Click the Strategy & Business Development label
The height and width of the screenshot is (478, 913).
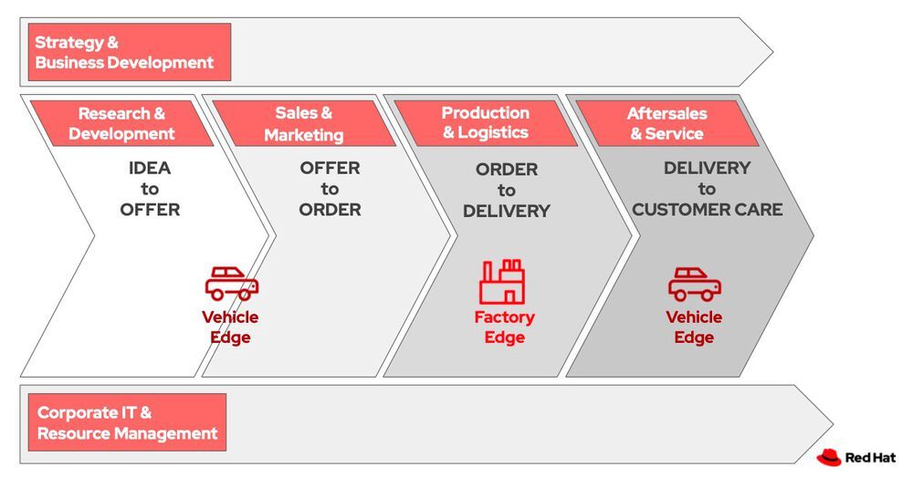(129, 53)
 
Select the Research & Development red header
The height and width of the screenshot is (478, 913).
(121, 124)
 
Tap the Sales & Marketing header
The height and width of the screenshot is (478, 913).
(304, 124)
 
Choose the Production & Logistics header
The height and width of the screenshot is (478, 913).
(485, 123)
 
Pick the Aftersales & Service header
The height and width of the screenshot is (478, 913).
(666, 124)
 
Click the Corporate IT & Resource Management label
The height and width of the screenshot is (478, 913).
(127, 423)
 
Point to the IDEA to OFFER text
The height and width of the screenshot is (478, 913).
(150, 189)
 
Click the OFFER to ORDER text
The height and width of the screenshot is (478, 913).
(330, 189)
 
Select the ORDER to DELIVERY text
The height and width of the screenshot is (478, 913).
(507, 190)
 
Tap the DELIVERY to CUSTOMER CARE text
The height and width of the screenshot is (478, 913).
(708, 189)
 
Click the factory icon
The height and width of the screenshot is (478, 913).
(503, 282)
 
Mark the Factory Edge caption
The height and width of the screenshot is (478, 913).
(504, 327)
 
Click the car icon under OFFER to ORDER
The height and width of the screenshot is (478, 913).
(232, 284)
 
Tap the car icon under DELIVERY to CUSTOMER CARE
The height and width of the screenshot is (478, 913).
(695, 284)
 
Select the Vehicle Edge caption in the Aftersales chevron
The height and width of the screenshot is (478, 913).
(694, 327)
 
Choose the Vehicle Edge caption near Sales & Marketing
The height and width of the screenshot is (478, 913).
(230, 327)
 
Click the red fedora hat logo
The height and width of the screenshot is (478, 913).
(829, 457)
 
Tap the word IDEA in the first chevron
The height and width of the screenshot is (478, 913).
(150, 169)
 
